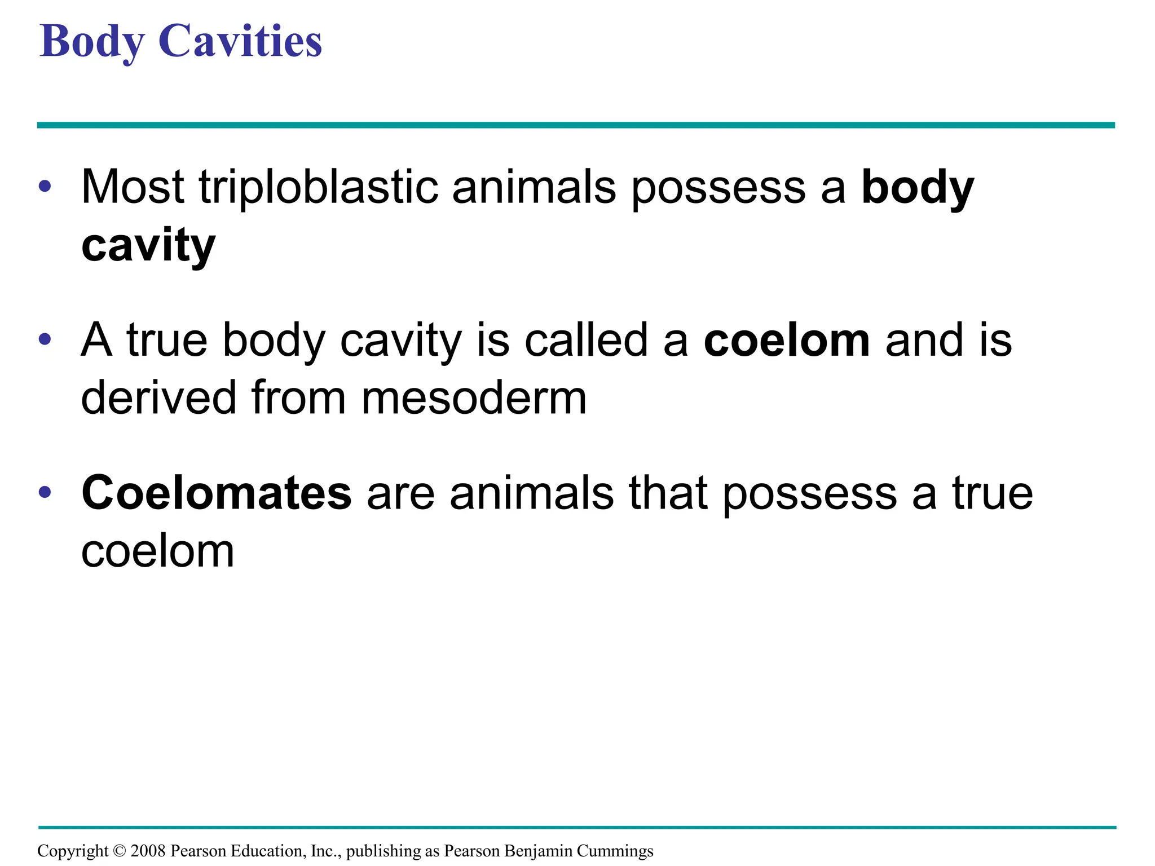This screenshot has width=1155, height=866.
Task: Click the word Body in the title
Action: pos(92,42)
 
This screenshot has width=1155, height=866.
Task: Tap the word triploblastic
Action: pos(318,187)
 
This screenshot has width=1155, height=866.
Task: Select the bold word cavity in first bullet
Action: pos(148,246)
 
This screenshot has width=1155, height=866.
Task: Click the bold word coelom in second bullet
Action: pos(787,341)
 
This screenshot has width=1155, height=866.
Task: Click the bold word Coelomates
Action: pos(217,493)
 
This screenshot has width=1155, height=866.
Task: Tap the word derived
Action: pos(158,398)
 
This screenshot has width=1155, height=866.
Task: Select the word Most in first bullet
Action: pos(133,187)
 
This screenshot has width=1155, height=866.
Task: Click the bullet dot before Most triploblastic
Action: pos(45,186)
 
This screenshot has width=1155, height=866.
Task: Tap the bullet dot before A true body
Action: pos(45,339)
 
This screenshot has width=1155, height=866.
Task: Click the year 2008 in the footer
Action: pos(148,851)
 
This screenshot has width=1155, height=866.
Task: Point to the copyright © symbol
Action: pos(119,851)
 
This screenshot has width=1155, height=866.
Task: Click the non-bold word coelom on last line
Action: pos(157,552)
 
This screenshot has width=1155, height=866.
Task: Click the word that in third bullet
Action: pos(668,493)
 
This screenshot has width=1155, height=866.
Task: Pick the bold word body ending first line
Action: pos(918,188)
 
